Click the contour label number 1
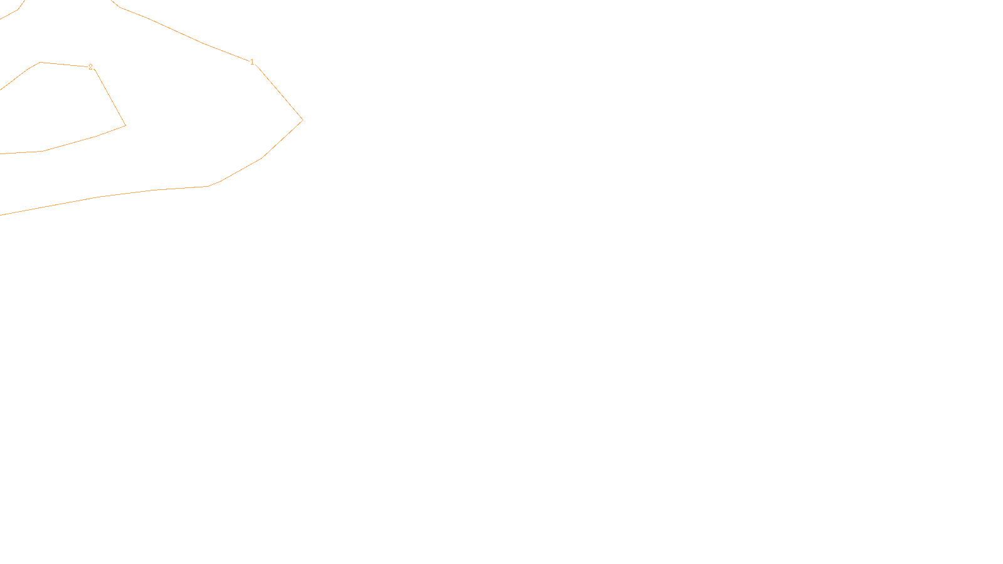[252, 62]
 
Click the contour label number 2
[90, 66]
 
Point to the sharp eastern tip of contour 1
[302, 120]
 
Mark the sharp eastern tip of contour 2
[125, 125]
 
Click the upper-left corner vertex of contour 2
[40, 63]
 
